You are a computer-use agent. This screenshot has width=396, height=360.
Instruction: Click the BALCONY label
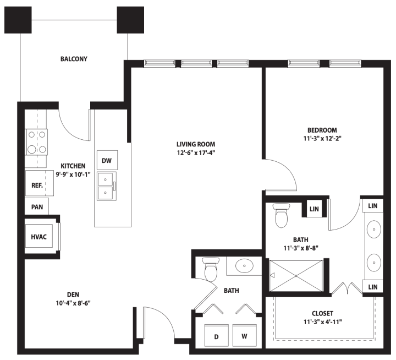coord(74,59)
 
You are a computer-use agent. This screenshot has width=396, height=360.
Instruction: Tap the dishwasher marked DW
coord(107,160)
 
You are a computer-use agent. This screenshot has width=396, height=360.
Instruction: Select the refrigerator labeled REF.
coord(39,183)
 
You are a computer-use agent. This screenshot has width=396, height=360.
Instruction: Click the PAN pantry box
coord(37,206)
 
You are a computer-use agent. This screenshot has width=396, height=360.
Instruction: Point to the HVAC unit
coord(39,237)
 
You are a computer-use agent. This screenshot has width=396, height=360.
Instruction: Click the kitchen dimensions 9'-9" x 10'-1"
coord(73,174)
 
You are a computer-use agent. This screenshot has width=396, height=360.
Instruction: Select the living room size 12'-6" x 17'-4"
coord(196,152)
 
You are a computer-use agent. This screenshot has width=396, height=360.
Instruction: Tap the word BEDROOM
coord(322,130)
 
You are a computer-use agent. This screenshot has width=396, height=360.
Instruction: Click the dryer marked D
coord(217,335)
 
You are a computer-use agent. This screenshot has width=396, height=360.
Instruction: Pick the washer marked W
coord(244,335)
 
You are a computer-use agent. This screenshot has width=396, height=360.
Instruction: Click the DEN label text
coord(73,294)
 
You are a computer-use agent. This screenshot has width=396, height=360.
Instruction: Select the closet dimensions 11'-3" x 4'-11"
coord(322,322)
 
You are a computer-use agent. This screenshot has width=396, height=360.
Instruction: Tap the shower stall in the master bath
coord(296,276)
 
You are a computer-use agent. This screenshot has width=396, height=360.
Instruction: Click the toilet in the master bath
coord(282,215)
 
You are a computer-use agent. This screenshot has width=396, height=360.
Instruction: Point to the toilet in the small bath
coord(211,270)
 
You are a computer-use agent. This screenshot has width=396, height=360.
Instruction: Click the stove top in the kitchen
coord(37,142)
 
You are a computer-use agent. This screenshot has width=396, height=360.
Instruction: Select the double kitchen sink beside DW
coord(107,186)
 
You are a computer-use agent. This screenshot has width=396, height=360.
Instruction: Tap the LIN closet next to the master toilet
coord(314,209)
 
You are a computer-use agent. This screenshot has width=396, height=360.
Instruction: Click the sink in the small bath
coord(244,266)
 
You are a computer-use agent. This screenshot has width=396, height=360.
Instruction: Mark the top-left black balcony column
coord(18,20)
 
